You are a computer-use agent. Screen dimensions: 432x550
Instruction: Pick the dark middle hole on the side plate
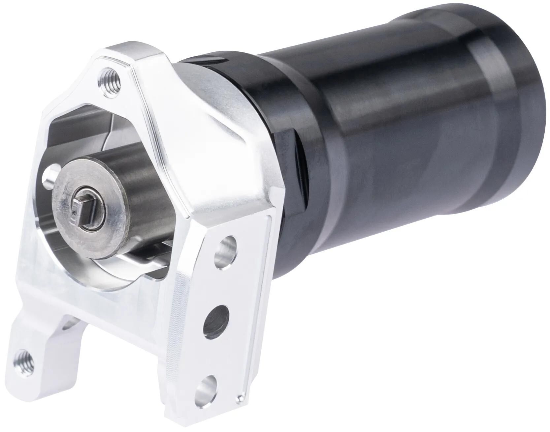[x=218, y=318]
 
